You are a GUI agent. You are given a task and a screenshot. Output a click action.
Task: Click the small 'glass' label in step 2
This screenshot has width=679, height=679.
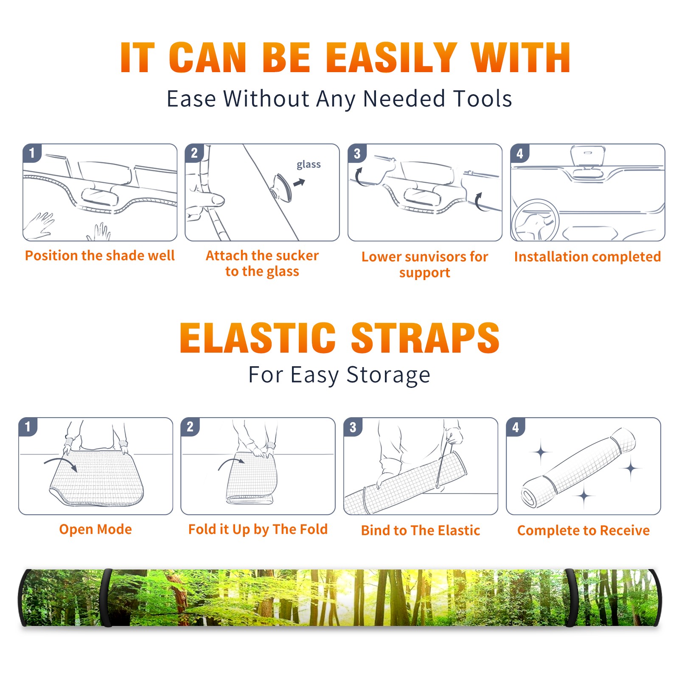tap(309, 165)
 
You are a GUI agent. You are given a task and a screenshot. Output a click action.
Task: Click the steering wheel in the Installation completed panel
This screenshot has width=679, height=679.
tap(536, 220)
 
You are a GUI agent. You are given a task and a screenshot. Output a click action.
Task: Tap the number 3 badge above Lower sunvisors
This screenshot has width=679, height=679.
tap(357, 153)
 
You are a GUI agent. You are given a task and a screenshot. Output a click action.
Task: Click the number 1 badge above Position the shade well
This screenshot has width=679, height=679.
tap(32, 153)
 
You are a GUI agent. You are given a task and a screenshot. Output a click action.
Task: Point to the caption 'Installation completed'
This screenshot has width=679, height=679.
tap(587, 257)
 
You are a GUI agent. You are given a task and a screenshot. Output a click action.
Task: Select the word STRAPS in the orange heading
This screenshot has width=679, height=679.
tap(425, 338)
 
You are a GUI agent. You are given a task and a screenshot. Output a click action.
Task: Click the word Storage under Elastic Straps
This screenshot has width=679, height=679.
tap(388, 375)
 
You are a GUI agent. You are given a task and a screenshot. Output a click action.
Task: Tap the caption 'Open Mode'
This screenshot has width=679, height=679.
tap(95, 529)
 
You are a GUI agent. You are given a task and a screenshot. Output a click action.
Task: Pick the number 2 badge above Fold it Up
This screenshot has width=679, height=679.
tap(190, 426)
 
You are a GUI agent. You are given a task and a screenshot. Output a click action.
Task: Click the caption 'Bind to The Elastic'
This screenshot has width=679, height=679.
tap(421, 530)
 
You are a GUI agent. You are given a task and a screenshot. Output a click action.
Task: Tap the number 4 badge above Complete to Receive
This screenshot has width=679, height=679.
tap(516, 427)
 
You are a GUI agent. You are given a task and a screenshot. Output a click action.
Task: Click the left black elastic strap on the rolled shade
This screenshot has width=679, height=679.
tap(107, 598)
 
